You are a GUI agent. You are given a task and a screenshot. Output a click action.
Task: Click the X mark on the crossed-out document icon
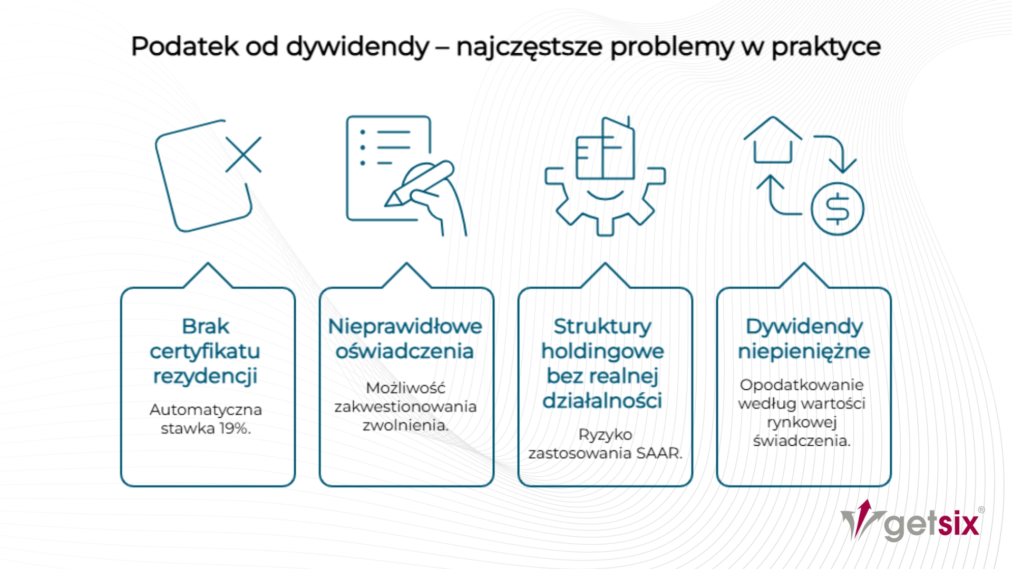pyautogui.click(x=244, y=154)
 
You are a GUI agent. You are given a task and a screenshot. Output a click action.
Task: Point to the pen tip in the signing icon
pyautogui.click(x=393, y=200)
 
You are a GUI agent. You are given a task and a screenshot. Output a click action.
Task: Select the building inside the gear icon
pyautogui.click(x=605, y=149)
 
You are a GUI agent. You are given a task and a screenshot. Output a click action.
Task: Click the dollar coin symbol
pyautogui.click(x=837, y=209)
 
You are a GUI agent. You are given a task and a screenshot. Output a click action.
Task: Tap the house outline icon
pyautogui.click(x=773, y=140)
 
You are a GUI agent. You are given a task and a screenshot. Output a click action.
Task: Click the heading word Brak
pyautogui.click(x=206, y=326)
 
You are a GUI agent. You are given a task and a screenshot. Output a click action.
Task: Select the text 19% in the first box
pyautogui.click(x=235, y=428)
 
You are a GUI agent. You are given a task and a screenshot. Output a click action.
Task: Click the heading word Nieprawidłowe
pyautogui.click(x=405, y=326)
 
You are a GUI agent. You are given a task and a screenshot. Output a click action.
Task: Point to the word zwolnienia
pyautogui.click(x=405, y=425)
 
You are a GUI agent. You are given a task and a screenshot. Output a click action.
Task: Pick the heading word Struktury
pyautogui.click(x=602, y=327)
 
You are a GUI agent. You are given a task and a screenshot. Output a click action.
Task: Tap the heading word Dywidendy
pyautogui.click(x=804, y=327)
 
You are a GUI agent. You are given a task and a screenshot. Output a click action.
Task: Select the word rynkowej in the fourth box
pyautogui.click(x=802, y=423)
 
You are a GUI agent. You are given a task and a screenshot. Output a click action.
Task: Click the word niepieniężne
pyautogui.click(x=804, y=351)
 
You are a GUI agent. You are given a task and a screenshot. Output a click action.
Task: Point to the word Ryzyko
pyautogui.click(x=605, y=435)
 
